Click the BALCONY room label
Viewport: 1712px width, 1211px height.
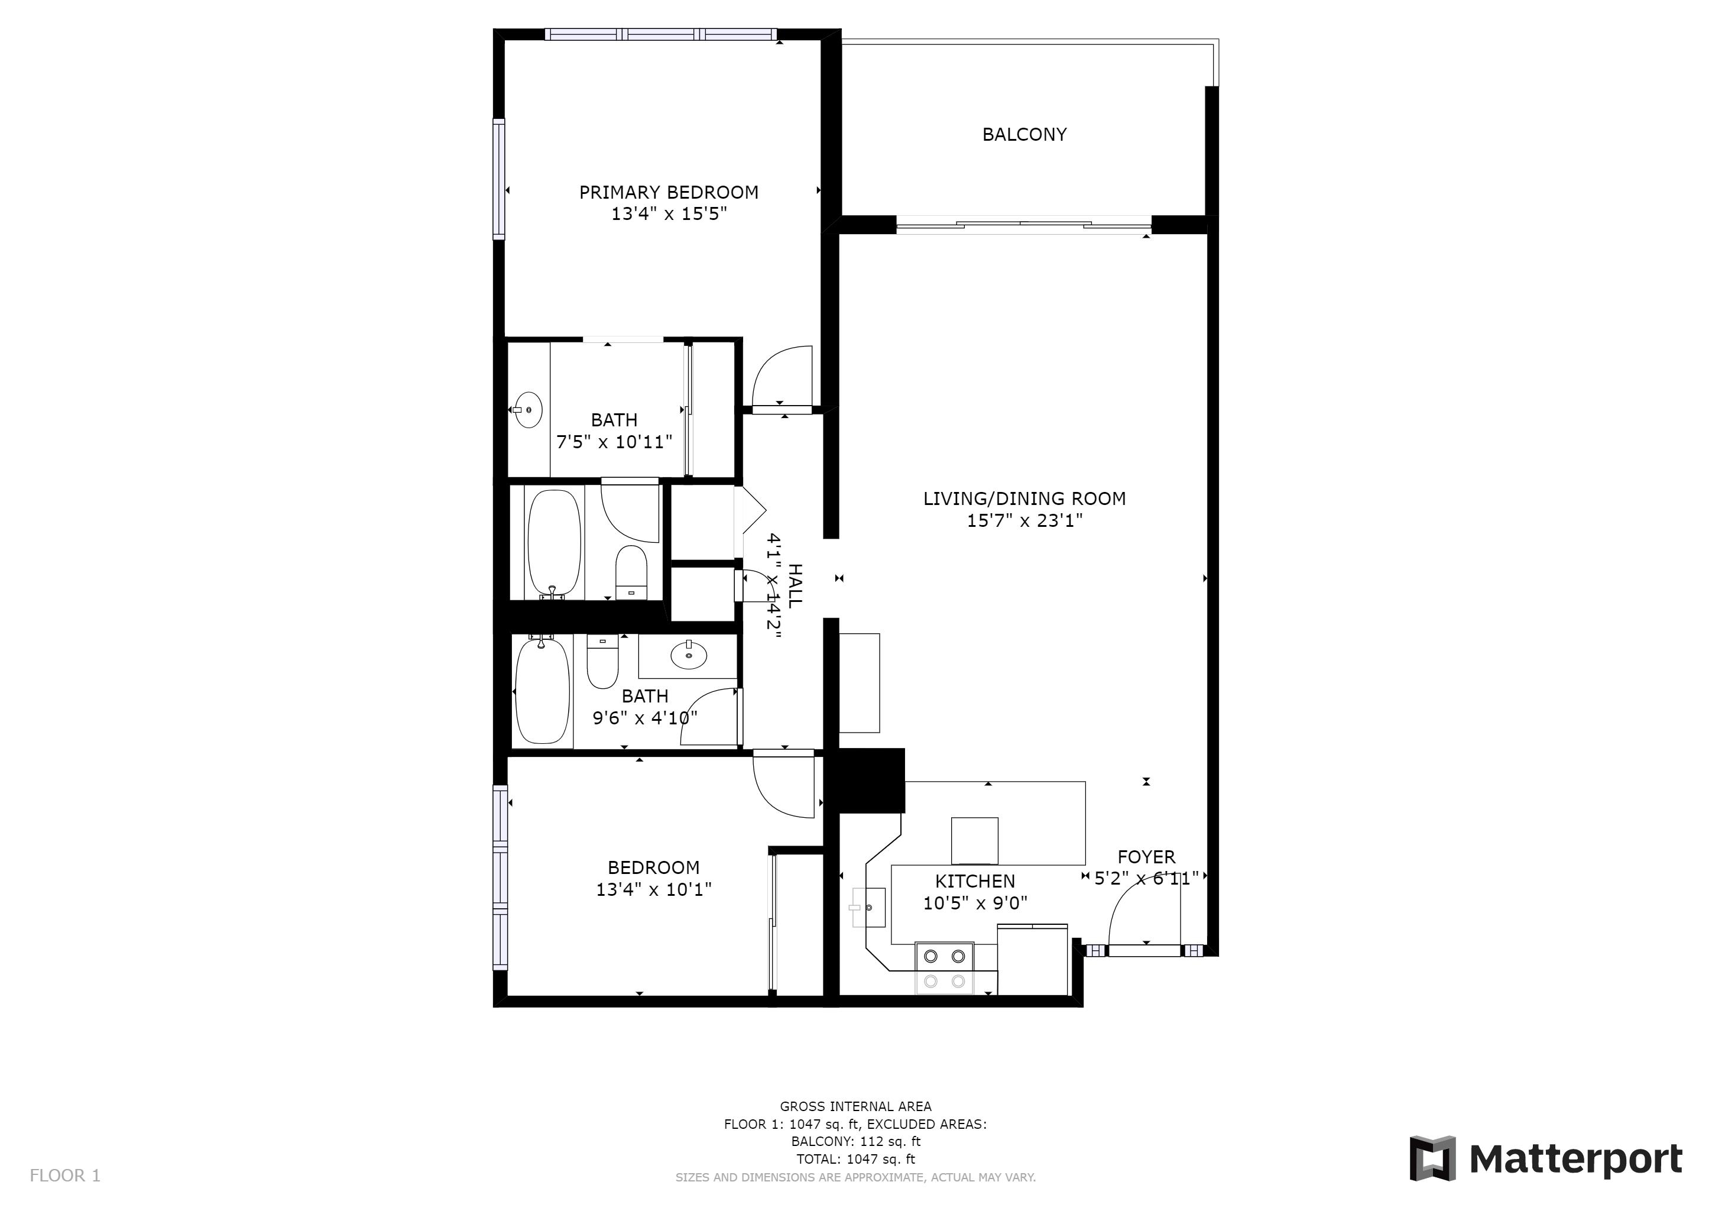[1024, 134]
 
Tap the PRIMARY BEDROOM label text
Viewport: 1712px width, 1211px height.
[669, 192]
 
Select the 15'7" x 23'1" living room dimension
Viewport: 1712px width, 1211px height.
[1024, 520]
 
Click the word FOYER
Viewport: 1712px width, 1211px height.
[1146, 857]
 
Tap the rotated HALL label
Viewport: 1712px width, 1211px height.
[795, 585]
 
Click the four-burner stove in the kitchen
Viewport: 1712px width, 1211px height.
[944, 968]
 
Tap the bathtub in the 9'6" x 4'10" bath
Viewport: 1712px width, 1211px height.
[542, 691]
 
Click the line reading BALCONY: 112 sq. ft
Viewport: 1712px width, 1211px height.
[855, 1142]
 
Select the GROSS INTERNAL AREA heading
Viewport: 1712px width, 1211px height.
[855, 1106]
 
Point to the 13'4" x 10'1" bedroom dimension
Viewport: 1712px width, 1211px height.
[654, 889]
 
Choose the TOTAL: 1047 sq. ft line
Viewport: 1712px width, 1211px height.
[855, 1160]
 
